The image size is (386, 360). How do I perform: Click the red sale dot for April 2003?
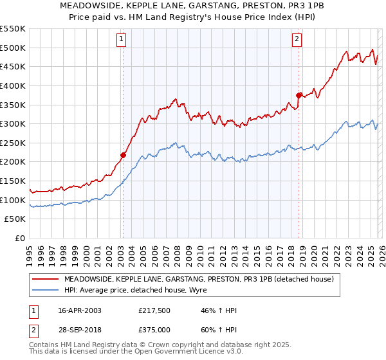click(x=123, y=155)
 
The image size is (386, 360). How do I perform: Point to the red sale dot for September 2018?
click(x=299, y=95)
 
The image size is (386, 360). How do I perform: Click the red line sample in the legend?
click(x=46, y=280)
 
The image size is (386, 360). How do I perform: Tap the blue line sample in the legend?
click(x=46, y=290)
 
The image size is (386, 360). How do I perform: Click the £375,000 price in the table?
click(x=155, y=329)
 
